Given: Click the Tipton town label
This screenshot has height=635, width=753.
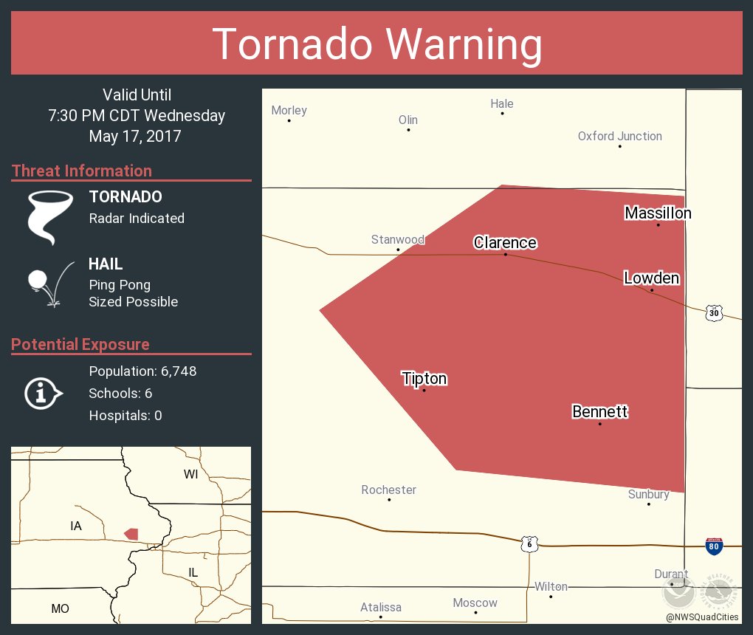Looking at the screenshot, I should pos(424,379).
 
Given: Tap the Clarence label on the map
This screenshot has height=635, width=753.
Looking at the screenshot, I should pos(505,242).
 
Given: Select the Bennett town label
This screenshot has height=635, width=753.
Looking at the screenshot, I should pos(599,411).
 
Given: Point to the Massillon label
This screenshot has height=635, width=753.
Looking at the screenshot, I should pos(658,213).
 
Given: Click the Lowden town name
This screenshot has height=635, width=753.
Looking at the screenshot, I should pos(651,278).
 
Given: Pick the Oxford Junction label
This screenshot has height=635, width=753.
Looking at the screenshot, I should pos(619,136).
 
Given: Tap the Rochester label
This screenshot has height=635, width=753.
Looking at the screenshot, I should pos(388,490).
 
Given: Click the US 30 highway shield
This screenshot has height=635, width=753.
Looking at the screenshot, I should pos(713,312).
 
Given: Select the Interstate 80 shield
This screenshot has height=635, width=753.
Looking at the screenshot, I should pos(714,546).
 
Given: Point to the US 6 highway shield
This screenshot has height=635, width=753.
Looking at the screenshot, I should pos(529,543).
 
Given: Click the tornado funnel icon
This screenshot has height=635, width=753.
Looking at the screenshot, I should pos(50,216).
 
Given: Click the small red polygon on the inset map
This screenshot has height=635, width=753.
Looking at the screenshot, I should pos(131,533).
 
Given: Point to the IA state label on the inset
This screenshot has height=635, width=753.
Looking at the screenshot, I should pos(76,526).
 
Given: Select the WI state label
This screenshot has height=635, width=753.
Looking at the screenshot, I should pos(191,475).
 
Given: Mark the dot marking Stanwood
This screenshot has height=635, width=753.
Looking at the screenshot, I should pos(398,250).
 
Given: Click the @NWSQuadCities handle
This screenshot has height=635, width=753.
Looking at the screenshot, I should pos(701,617).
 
